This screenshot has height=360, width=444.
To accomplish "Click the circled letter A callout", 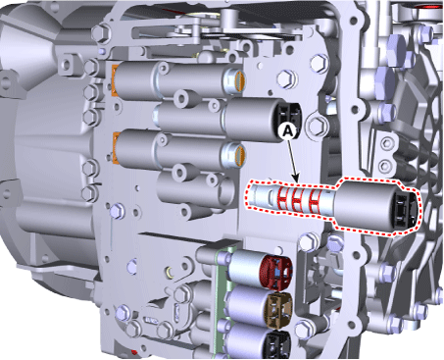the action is click(x=287, y=130).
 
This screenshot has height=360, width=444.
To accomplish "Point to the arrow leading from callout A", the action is click(x=293, y=160).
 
